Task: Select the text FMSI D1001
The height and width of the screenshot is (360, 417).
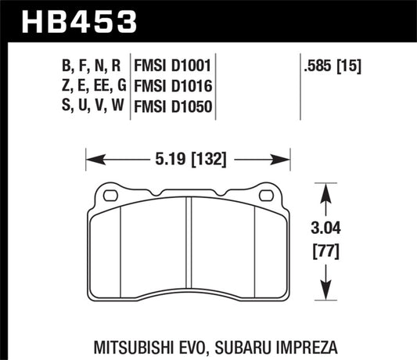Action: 174,62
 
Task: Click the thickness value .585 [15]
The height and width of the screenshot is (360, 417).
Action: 331,62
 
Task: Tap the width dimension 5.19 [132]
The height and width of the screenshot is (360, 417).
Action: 187,161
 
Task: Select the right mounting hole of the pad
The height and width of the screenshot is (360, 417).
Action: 264,194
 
